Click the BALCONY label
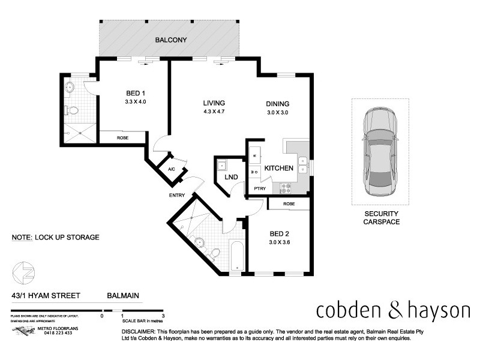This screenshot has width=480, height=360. (x=171, y=40)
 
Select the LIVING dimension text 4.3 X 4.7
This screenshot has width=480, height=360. (x=214, y=112)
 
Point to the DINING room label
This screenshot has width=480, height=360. (x=278, y=103)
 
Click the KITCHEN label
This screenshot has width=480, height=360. (x=279, y=169)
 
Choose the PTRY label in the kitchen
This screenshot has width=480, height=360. (x=259, y=189)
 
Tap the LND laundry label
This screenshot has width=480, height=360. (x=231, y=178)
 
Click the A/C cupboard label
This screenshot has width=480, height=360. (x=171, y=169)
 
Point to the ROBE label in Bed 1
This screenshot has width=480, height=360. (x=122, y=137)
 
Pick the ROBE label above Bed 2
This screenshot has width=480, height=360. (x=289, y=204)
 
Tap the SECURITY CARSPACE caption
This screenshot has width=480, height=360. (x=381, y=218)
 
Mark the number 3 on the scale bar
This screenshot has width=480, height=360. (x=163, y=315)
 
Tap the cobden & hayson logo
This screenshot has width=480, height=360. (x=393, y=311)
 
